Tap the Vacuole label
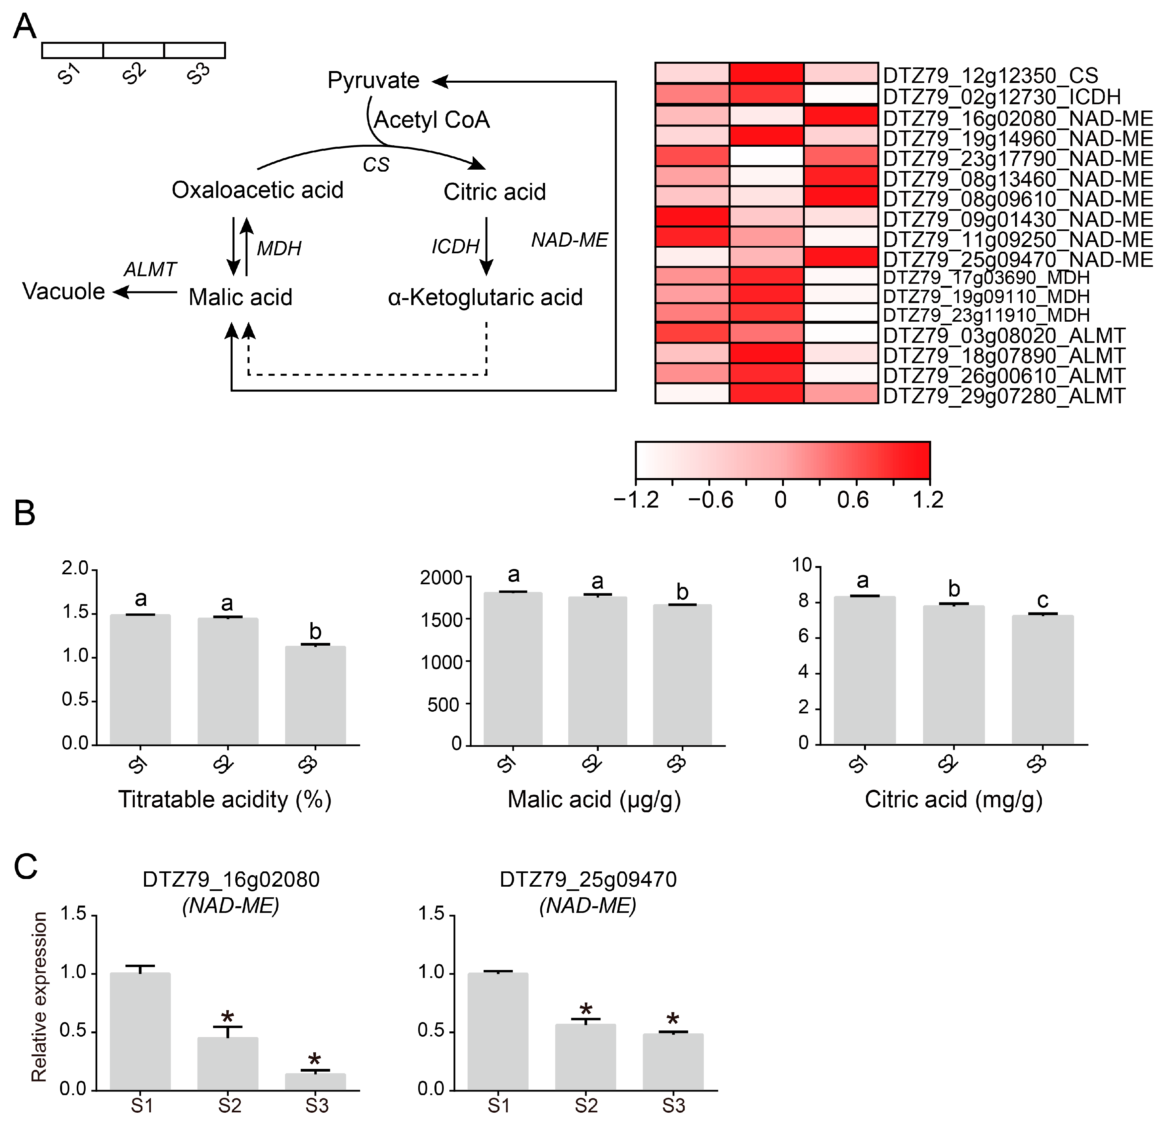tap(64, 291)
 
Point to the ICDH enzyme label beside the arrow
tap(455, 246)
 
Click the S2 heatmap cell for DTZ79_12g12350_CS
tap(766, 73)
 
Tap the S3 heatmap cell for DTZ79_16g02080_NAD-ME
tap(841, 116)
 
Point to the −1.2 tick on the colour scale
tap(636, 499)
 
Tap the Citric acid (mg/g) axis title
tap(954, 799)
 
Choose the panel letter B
tap(25, 513)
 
